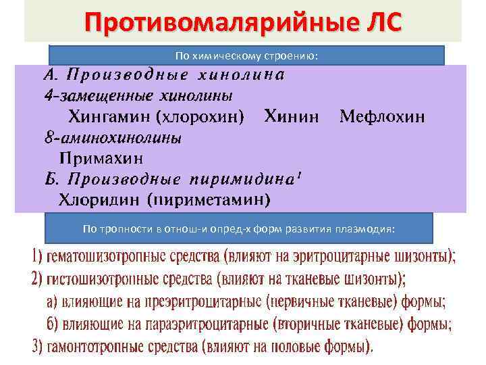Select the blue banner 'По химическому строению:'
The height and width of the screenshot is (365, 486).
coord(246,55)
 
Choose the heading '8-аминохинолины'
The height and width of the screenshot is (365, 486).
coord(113,137)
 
